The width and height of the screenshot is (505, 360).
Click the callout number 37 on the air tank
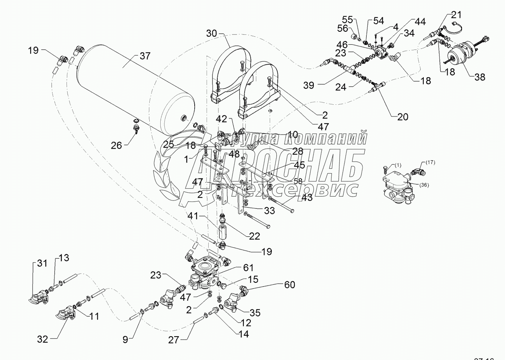(x=145, y=56)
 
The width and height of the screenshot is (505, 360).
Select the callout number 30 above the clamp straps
(x=212, y=33)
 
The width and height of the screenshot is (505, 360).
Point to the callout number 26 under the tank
(x=116, y=145)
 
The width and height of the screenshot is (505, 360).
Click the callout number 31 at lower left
(x=42, y=263)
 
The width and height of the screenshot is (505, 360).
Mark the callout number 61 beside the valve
(x=248, y=268)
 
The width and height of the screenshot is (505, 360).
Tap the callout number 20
(x=403, y=116)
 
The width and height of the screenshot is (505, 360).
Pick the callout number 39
(x=308, y=85)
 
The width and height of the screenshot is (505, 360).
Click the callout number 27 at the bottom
(x=173, y=340)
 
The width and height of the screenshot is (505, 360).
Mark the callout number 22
(x=254, y=236)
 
